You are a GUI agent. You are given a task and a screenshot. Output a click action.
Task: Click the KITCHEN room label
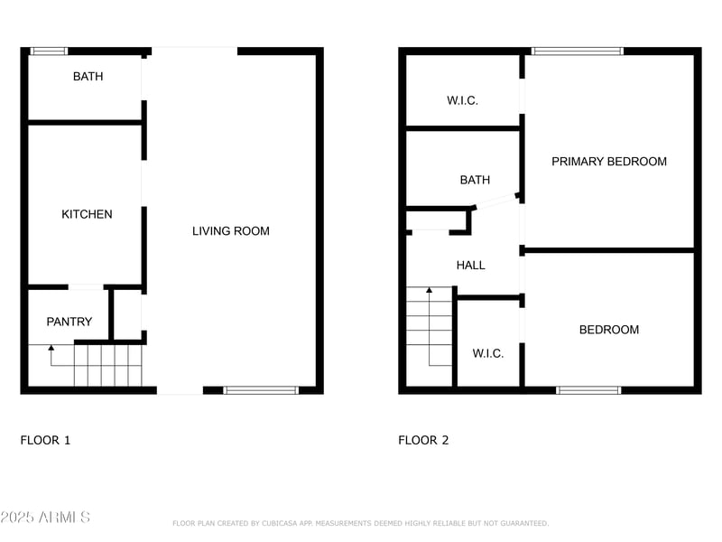click(87, 214)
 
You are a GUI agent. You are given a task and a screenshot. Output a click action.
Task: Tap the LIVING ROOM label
click(231, 231)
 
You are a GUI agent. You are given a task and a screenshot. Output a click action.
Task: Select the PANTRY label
click(69, 322)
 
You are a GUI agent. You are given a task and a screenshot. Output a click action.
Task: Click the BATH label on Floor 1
click(88, 77)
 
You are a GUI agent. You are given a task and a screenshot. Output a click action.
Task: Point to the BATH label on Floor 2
click(475, 181)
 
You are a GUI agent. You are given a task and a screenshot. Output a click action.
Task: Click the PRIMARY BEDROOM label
click(609, 162)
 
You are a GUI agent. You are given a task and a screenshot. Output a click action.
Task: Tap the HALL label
click(470, 266)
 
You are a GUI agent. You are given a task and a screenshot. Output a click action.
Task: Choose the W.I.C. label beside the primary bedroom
click(462, 100)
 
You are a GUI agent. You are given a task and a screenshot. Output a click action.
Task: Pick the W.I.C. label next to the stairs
click(488, 353)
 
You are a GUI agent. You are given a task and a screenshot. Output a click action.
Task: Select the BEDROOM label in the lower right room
click(609, 330)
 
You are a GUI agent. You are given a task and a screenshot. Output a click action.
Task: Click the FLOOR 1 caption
click(45, 441)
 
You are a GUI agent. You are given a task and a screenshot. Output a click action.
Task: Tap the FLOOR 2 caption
click(423, 441)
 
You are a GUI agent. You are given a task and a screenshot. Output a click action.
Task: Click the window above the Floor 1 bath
click(49, 51)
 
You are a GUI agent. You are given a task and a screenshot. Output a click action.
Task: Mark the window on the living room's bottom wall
click(261, 390)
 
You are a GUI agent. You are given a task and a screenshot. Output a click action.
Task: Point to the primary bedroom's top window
click(578, 51)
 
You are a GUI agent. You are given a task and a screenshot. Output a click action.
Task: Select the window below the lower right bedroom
click(588, 390)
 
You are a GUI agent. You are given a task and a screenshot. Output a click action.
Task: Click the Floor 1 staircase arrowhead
click(51, 347)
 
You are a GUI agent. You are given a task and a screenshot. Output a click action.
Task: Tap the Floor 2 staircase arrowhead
click(430, 290)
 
